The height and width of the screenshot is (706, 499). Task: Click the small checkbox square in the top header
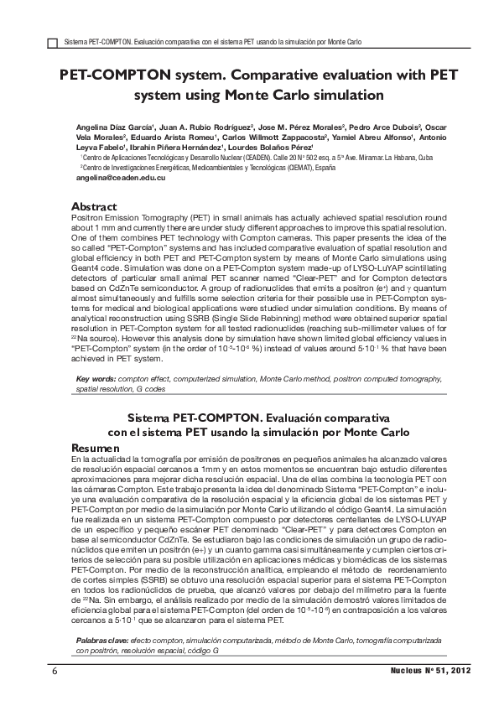tap(53, 40)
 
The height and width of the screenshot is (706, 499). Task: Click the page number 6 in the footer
tap(55, 672)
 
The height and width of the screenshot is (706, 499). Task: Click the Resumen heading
tap(96, 449)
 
